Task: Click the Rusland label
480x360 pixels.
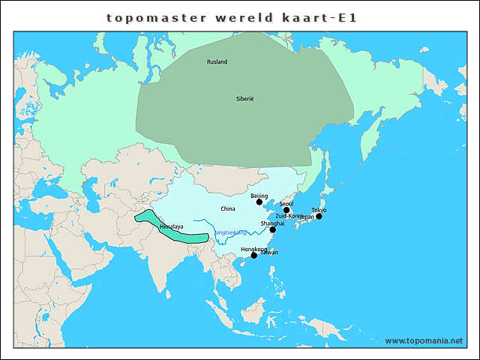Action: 217,61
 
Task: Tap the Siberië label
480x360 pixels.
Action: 245,98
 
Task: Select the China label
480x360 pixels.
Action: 228,208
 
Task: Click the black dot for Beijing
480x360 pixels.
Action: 259,202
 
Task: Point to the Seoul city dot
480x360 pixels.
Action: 286,210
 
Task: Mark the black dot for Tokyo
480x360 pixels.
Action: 319,216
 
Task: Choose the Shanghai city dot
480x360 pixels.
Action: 273,229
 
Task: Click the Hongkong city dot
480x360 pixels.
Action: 254,255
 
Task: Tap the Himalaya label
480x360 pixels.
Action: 171,226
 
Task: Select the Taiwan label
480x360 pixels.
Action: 269,253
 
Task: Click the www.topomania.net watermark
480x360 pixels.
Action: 424,340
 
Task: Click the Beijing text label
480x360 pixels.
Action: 259,196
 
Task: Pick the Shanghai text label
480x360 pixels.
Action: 272,223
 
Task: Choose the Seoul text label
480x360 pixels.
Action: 286,204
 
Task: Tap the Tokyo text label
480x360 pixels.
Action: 319,210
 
